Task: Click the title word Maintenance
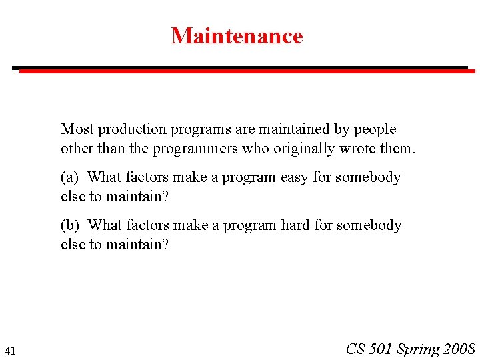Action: point(237,35)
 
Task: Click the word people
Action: point(375,129)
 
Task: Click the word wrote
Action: point(357,148)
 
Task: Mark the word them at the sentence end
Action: point(397,148)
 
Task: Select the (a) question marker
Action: point(70,177)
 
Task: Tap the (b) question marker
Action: point(70,225)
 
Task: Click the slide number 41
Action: point(10,351)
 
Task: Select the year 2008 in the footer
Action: point(459,349)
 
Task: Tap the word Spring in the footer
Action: point(418,349)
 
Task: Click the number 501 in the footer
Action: point(381,349)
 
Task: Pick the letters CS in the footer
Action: point(356,349)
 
